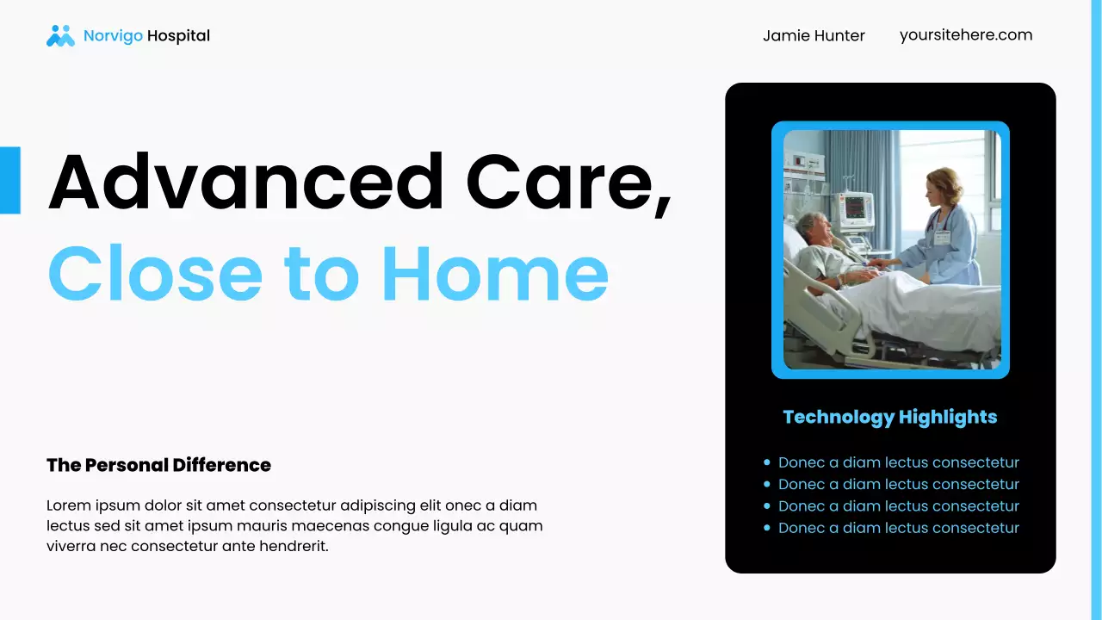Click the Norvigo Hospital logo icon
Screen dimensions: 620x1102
pos(60,35)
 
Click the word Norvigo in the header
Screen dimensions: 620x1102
pos(113,36)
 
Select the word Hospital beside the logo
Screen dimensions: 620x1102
pos(178,36)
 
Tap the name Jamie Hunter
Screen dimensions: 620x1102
pos(814,36)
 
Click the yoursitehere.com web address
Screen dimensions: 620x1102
pos(965,35)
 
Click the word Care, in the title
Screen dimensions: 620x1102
pos(568,182)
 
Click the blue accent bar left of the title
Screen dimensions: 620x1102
pos(9,180)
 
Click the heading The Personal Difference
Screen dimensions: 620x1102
pos(158,465)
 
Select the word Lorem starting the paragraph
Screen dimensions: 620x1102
pos(68,505)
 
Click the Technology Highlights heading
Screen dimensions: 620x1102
pos(889,418)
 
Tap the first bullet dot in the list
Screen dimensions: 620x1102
pos(766,463)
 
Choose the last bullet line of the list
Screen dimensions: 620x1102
pos(898,528)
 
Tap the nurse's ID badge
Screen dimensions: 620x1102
pos(942,237)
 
